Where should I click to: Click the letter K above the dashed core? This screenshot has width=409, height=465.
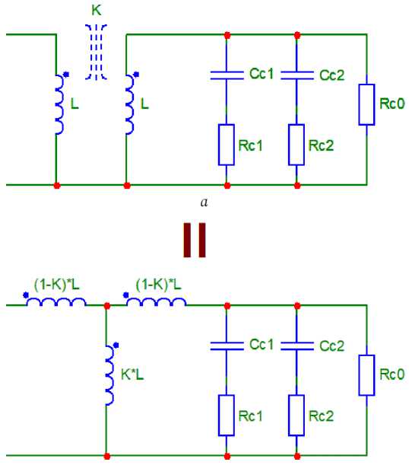(x=97, y=11)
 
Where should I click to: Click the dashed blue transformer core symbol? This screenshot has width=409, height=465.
(x=96, y=53)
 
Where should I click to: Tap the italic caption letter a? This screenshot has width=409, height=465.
(x=204, y=202)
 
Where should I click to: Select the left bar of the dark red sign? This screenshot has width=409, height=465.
(x=187, y=240)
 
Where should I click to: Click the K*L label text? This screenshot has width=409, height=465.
(x=132, y=374)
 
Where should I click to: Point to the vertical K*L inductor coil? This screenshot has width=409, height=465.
(x=109, y=375)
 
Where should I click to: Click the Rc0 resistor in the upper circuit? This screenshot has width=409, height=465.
(x=366, y=104)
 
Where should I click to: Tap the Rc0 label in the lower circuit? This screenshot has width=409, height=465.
(x=392, y=374)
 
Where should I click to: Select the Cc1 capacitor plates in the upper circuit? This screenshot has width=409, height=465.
(x=227, y=75)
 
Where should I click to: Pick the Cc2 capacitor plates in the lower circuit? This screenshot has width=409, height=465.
(x=297, y=346)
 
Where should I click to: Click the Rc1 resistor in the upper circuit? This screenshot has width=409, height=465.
(x=227, y=145)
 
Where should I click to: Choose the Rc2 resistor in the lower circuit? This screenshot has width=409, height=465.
(x=296, y=416)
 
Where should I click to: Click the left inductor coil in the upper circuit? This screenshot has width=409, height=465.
(x=59, y=104)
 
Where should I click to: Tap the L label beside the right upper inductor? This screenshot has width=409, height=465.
(x=144, y=104)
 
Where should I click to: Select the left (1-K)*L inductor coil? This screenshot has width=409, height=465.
(x=56, y=302)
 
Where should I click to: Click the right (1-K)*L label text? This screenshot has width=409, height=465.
(x=158, y=285)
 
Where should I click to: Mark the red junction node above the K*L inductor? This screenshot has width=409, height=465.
(x=107, y=306)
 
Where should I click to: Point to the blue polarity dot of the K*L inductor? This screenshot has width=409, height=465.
(x=116, y=345)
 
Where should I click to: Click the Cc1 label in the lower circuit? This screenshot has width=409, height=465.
(x=262, y=344)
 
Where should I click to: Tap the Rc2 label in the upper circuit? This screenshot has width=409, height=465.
(x=321, y=145)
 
